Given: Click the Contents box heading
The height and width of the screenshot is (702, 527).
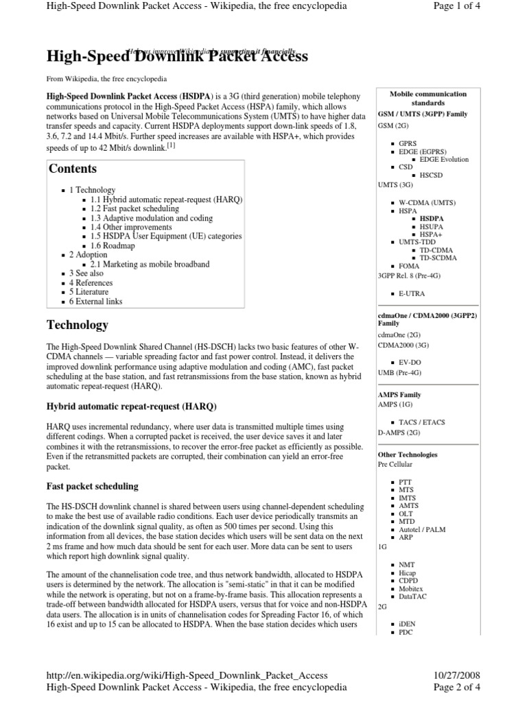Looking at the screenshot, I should [x=73, y=169].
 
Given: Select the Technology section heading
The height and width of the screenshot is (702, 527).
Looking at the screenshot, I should [x=77, y=324].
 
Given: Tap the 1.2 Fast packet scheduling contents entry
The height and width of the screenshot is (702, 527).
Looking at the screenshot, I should [x=134, y=208].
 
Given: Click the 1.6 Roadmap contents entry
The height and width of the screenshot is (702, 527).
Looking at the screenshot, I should [x=113, y=245].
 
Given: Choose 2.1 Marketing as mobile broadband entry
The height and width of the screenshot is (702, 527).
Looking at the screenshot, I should [x=150, y=264].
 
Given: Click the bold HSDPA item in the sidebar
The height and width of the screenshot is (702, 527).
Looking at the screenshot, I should [x=432, y=218].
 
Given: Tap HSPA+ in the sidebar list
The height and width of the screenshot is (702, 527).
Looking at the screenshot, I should [x=432, y=234].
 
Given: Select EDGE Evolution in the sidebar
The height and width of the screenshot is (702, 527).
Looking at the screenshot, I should [x=444, y=159].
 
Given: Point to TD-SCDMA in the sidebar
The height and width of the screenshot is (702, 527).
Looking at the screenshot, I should [x=438, y=258].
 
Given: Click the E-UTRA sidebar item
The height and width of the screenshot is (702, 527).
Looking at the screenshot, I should [x=412, y=293].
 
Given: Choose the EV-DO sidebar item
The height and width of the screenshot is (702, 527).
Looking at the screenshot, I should [x=410, y=361].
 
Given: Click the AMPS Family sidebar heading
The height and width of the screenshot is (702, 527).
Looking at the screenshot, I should [x=399, y=395].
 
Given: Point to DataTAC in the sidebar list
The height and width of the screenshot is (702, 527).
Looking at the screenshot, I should [x=414, y=596].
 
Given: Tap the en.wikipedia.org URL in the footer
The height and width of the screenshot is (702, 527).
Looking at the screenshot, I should [x=187, y=675].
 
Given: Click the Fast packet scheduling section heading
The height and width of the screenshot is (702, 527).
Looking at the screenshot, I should [x=92, y=486].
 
